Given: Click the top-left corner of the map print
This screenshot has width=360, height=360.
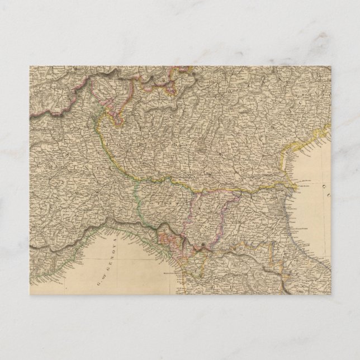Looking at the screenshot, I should [x=30, y=66].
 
